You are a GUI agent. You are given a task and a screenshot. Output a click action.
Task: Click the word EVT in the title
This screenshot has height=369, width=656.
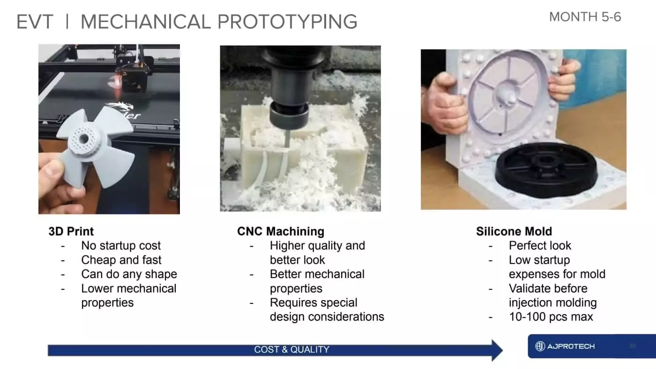point(35,22)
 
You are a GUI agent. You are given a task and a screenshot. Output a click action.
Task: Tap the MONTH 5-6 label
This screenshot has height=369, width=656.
point(585,17)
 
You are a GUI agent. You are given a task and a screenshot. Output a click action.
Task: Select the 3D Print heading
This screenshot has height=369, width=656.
point(71,231)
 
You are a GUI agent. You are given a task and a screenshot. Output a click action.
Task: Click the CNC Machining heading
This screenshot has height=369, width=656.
point(281,231)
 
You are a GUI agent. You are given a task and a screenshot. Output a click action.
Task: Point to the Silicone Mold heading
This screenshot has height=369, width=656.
point(514,231)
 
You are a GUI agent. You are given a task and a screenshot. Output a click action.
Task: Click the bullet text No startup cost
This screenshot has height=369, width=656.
point(121,246)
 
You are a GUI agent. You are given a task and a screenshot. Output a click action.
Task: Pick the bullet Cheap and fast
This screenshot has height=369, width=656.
point(121,260)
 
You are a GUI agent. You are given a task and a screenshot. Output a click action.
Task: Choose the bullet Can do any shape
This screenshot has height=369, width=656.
point(129,274)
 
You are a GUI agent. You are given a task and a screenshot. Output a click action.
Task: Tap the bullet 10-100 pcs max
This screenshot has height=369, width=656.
point(551,317)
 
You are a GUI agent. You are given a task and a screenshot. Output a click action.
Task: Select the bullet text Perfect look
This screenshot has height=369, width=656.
point(540,246)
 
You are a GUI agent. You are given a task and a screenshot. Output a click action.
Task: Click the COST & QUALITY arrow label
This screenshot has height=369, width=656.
point(291,349)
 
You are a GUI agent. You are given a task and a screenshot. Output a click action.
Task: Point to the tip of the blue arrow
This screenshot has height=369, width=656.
point(502,350)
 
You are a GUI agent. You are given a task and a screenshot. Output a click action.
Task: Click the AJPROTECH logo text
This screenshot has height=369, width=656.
point(571,346)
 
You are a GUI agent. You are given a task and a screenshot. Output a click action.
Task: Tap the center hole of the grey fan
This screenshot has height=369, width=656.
point(84,139)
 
